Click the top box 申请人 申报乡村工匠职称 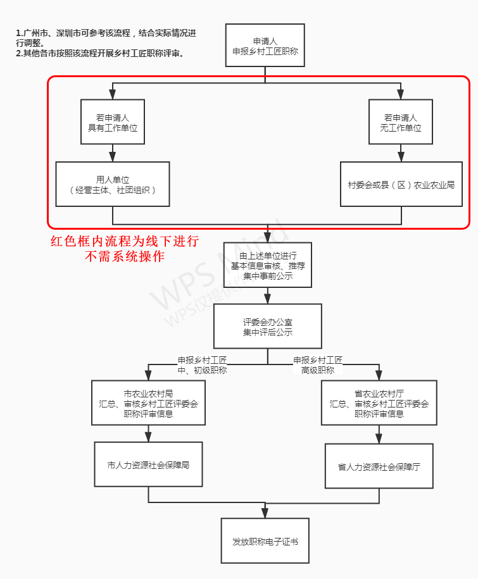point(265,45)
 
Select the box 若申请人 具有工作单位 point(113,122)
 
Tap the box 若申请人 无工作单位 point(401,122)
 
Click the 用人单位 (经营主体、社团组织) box point(113,184)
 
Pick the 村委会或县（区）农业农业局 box point(401,185)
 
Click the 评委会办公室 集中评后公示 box point(267,327)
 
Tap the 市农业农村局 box point(148,403)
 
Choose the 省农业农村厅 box point(379,403)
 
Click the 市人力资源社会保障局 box point(148,464)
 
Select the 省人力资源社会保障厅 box point(379,466)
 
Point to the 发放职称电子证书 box point(265,541)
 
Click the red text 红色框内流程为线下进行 point(125,241)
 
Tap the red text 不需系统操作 point(125,256)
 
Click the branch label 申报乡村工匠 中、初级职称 point(202,365)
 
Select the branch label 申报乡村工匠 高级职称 point(318,365)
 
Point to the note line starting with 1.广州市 point(104,37)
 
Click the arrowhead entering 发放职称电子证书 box point(265,514)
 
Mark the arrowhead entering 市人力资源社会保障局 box point(148,438)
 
